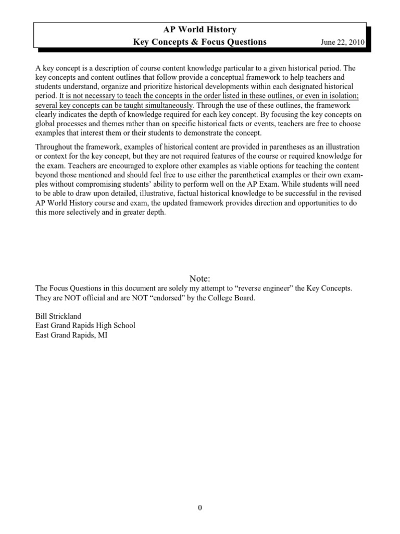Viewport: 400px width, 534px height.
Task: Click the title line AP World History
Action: tap(200, 30)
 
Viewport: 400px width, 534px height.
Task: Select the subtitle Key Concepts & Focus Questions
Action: tap(200, 42)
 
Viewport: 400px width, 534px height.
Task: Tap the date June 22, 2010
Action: tap(342, 43)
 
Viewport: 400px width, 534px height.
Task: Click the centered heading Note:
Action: tap(200, 278)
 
